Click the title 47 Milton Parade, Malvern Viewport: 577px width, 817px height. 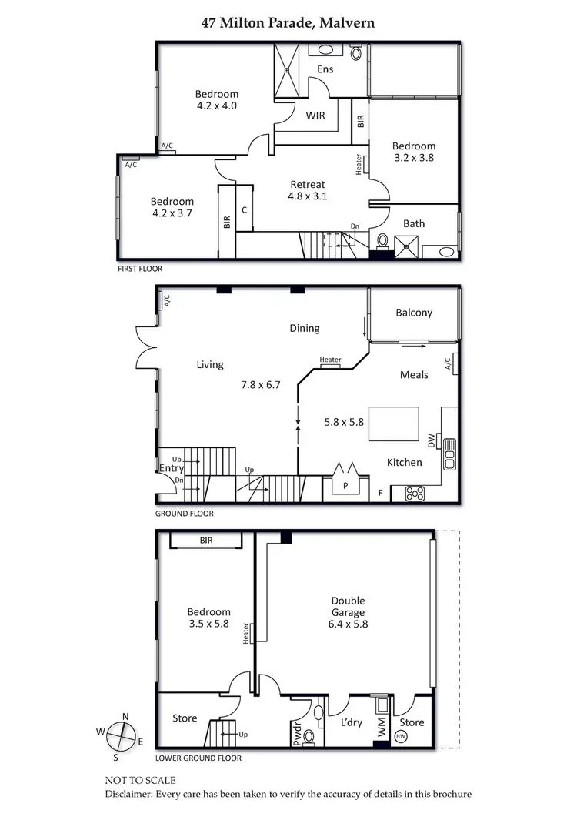coord(288,23)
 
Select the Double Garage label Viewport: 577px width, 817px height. coord(349,612)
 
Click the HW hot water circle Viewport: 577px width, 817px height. coord(400,736)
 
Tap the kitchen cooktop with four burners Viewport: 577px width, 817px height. coord(414,494)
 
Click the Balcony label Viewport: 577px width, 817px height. coord(414,313)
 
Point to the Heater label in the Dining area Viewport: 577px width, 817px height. coord(330,360)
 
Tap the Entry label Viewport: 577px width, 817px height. coord(171,468)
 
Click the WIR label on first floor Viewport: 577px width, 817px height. coord(315,116)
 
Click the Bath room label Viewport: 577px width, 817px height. coord(414,224)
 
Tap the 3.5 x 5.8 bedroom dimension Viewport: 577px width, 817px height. coord(208,624)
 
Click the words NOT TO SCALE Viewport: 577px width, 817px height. coord(140,779)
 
